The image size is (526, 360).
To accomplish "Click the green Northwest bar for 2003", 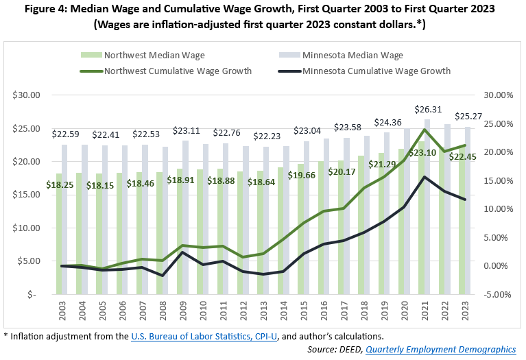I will coord(60,233).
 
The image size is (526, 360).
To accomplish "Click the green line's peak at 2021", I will coord(426,129).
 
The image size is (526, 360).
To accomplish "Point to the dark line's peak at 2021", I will coord(426,177).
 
